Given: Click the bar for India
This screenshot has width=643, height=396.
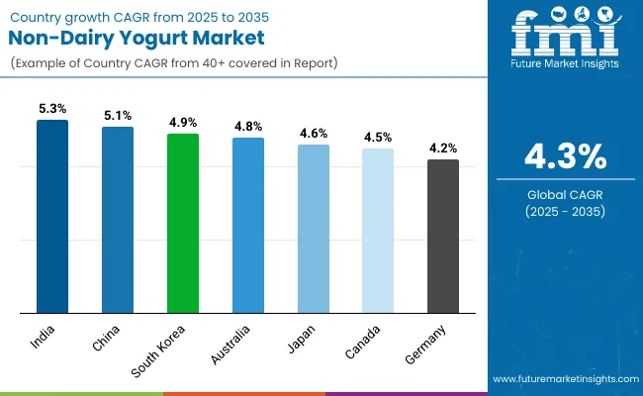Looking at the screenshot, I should (x=52, y=216).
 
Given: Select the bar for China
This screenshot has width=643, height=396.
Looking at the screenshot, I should (x=118, y=220).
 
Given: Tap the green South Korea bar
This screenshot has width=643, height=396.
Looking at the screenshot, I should (x=183, y=223).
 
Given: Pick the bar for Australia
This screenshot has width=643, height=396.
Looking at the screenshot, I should (x=248, y=225).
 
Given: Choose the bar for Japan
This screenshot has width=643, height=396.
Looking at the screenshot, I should (x=314, y=229).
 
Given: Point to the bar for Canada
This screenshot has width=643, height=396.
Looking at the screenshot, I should (x=378, y=231).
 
